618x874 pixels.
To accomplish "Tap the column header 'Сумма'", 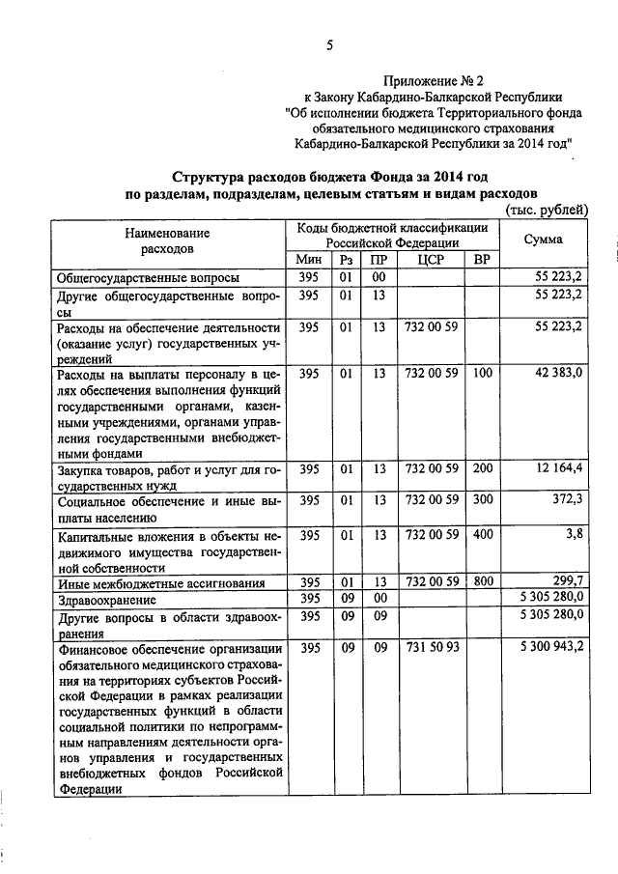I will [544, 240].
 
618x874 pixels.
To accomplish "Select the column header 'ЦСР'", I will [430, 260].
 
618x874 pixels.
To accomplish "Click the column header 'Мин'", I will [308, 260].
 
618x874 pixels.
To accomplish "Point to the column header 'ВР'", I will [483, 260].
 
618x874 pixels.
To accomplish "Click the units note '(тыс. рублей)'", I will [546, 210].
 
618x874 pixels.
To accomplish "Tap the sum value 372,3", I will [566, 501].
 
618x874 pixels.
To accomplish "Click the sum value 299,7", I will [566, 581].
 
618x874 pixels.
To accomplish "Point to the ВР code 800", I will [483, 581].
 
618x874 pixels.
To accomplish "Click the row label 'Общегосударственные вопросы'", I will [148, 278].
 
